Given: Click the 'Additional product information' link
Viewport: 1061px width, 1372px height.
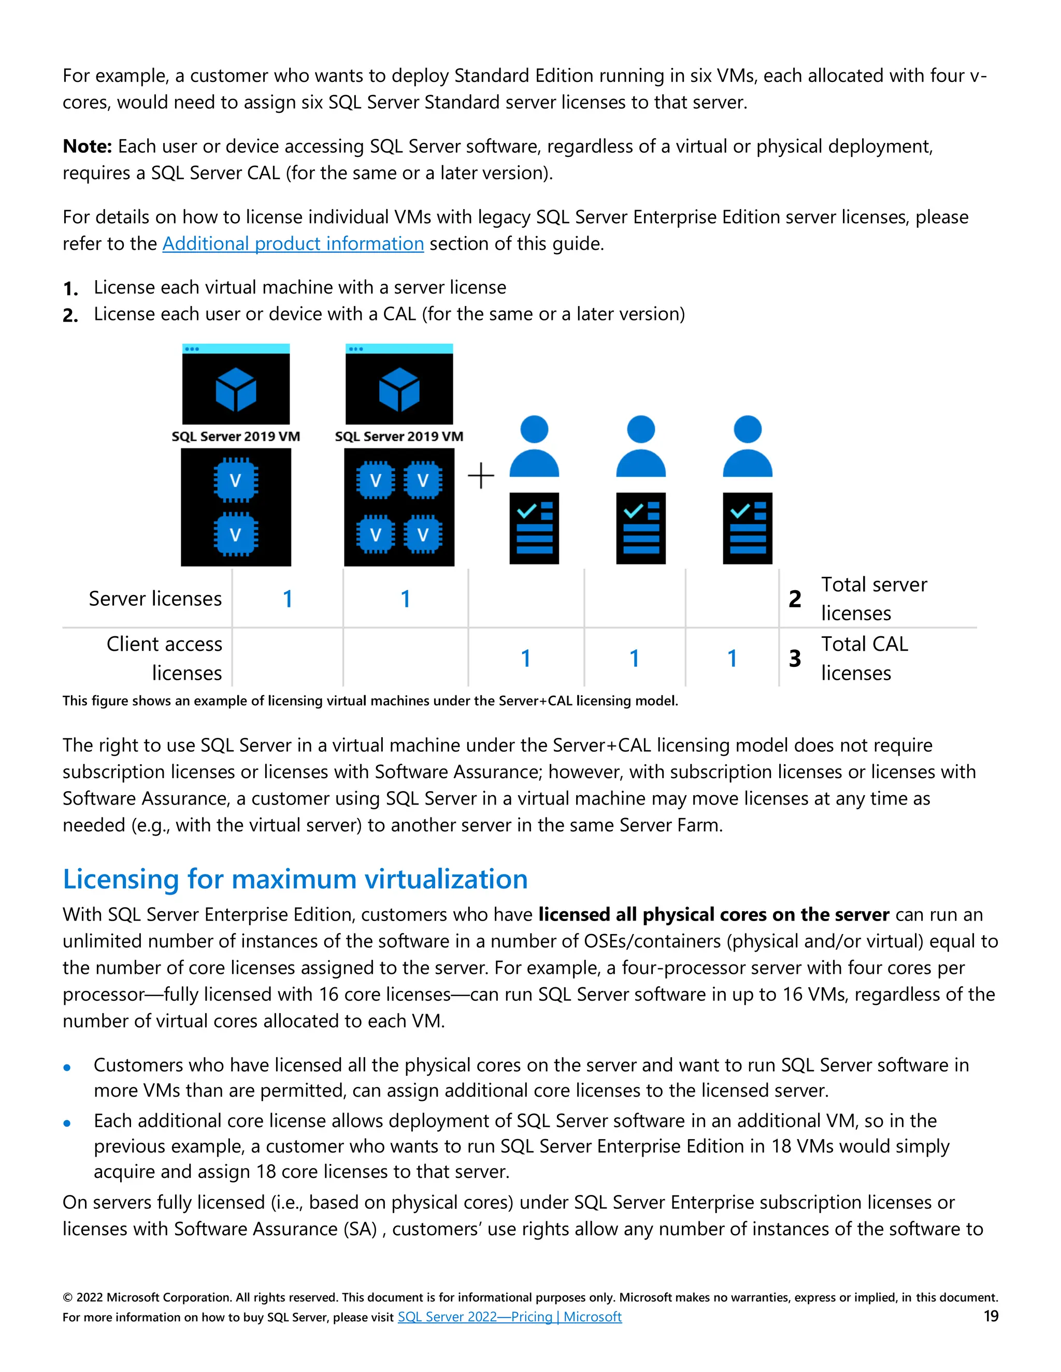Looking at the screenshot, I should click(x=293, y=244).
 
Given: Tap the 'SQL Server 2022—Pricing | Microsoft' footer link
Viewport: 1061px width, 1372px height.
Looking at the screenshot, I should click(x=509, y=1317).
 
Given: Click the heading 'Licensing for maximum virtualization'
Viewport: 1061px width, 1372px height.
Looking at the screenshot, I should click(x=295, y=879).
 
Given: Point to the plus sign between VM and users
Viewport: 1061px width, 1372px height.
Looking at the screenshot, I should click(x=481, y=476).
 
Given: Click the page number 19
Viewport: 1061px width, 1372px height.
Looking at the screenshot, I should click(x=991, y=1316).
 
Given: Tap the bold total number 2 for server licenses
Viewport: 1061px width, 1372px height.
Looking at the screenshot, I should click(x=795, y=599).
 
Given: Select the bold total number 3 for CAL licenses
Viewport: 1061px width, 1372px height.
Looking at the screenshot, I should click(x=795, y=659).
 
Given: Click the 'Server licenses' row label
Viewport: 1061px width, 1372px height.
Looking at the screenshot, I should click(x=155, y=599).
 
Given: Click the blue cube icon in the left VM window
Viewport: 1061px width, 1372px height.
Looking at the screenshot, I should click(x=236, y=389).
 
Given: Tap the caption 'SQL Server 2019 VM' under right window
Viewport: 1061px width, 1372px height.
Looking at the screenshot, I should click(x=398, y=436).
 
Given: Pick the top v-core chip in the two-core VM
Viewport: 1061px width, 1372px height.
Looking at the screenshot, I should click(x=236, y=480).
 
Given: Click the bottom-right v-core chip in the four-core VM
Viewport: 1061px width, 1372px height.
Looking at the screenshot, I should click(x=422, y=535).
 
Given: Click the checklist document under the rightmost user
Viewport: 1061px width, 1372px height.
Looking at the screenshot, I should click(x=748, y=528).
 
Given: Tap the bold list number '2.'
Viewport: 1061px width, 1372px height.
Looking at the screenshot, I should click(x=70, y=315).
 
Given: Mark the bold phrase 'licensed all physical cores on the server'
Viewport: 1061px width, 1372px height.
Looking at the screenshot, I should click(x=713, y=915).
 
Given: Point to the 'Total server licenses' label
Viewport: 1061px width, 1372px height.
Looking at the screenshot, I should click(x=873, y=599).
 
